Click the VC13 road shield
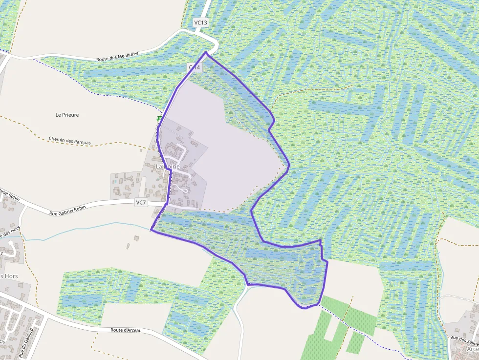[201, 22]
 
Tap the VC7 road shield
[141, 202]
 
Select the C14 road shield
[195, 67]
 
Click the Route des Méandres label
[117, 56]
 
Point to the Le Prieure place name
[67, 115]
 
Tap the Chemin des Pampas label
[69, 141]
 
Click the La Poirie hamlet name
[168, 167]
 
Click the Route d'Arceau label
[126, 331]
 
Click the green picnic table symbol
[159, 118]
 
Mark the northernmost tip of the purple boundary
[206, 52]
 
